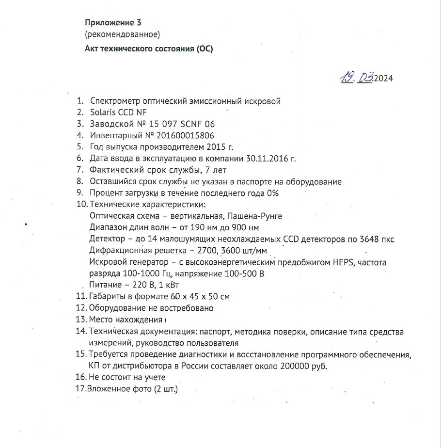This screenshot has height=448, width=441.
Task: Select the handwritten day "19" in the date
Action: (x=347, y=78)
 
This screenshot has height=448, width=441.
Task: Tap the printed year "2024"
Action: (x=383, y=79)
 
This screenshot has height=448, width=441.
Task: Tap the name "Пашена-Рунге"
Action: (x=258, y=216)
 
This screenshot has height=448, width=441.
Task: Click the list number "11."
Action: (x=81, y=296)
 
